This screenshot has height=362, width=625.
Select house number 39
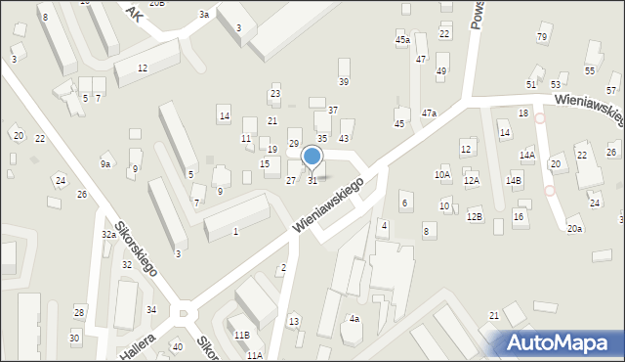343,81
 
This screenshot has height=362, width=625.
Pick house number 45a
402,40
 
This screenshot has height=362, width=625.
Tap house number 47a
429,113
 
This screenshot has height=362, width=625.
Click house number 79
542,37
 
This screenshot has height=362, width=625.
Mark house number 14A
527,156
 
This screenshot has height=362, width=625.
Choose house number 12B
475,215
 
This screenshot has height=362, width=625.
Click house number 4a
355,319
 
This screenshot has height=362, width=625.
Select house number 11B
241,335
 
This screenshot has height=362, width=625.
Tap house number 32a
108,235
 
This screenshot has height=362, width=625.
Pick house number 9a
104,165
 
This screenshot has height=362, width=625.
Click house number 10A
442,175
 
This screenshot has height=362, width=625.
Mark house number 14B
514,181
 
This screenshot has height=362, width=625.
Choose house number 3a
203,15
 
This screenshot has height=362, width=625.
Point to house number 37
333,111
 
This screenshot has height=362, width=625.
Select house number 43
344,139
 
